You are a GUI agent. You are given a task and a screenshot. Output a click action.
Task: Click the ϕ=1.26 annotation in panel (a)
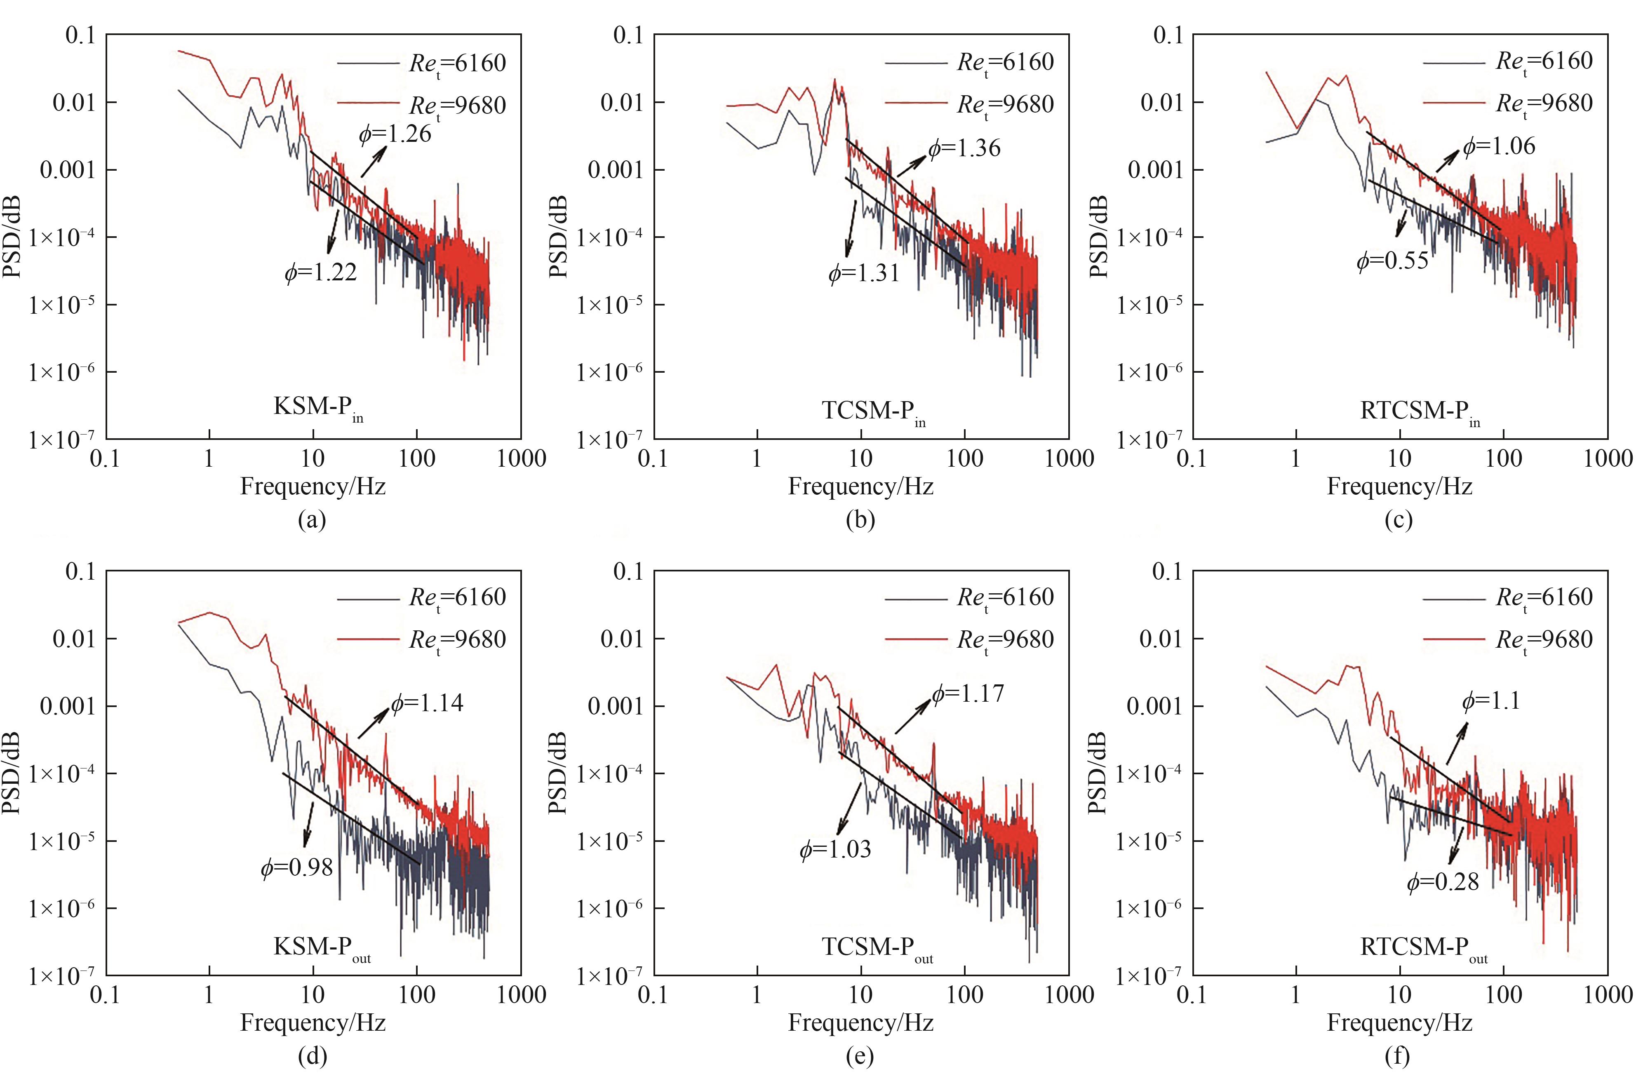(395, 133)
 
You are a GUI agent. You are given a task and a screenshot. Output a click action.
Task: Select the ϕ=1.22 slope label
(321, 273)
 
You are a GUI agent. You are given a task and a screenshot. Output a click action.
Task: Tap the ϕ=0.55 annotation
(1393, 261)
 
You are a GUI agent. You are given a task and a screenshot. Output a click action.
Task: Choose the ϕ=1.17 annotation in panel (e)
(968, 693)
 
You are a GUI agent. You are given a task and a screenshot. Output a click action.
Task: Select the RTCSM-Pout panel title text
(1423, 948)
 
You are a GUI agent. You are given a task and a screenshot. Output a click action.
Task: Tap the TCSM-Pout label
(877, 948)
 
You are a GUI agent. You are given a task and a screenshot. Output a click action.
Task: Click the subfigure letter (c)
(1398, 519)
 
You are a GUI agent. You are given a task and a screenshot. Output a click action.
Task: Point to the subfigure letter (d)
(312, 1055)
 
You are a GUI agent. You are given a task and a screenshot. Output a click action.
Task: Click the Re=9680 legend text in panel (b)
(1005, 105)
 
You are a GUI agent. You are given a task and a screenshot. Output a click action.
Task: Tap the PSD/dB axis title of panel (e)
(558, 773)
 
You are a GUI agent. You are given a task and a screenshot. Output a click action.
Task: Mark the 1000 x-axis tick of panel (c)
(1608, 458)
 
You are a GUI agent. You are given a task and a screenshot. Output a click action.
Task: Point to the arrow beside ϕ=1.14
(373, 723)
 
